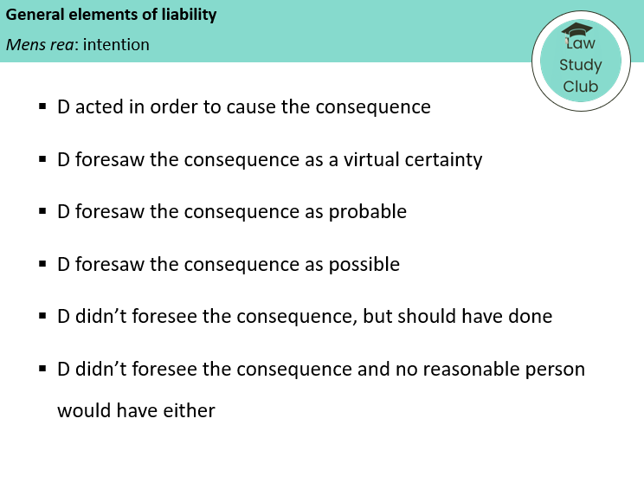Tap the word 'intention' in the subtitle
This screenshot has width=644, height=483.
tap(116, 44)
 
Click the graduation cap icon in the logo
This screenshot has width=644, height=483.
tap(577, 31)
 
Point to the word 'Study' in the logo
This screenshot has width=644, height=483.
tap(580, 65)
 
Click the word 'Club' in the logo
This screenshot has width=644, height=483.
tap(580, 86)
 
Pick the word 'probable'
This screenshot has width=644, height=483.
tap(366, 212)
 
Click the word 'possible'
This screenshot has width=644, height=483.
tap(363, 264)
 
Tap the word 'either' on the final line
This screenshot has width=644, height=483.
tap(189, 411)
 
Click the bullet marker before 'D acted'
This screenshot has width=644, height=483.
tap(42, 107)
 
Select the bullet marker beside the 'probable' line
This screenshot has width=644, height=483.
tap(42, 212)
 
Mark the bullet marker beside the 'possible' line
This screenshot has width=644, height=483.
tap(42, 264)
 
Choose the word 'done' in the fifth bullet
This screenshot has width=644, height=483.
tap(530, 317)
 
